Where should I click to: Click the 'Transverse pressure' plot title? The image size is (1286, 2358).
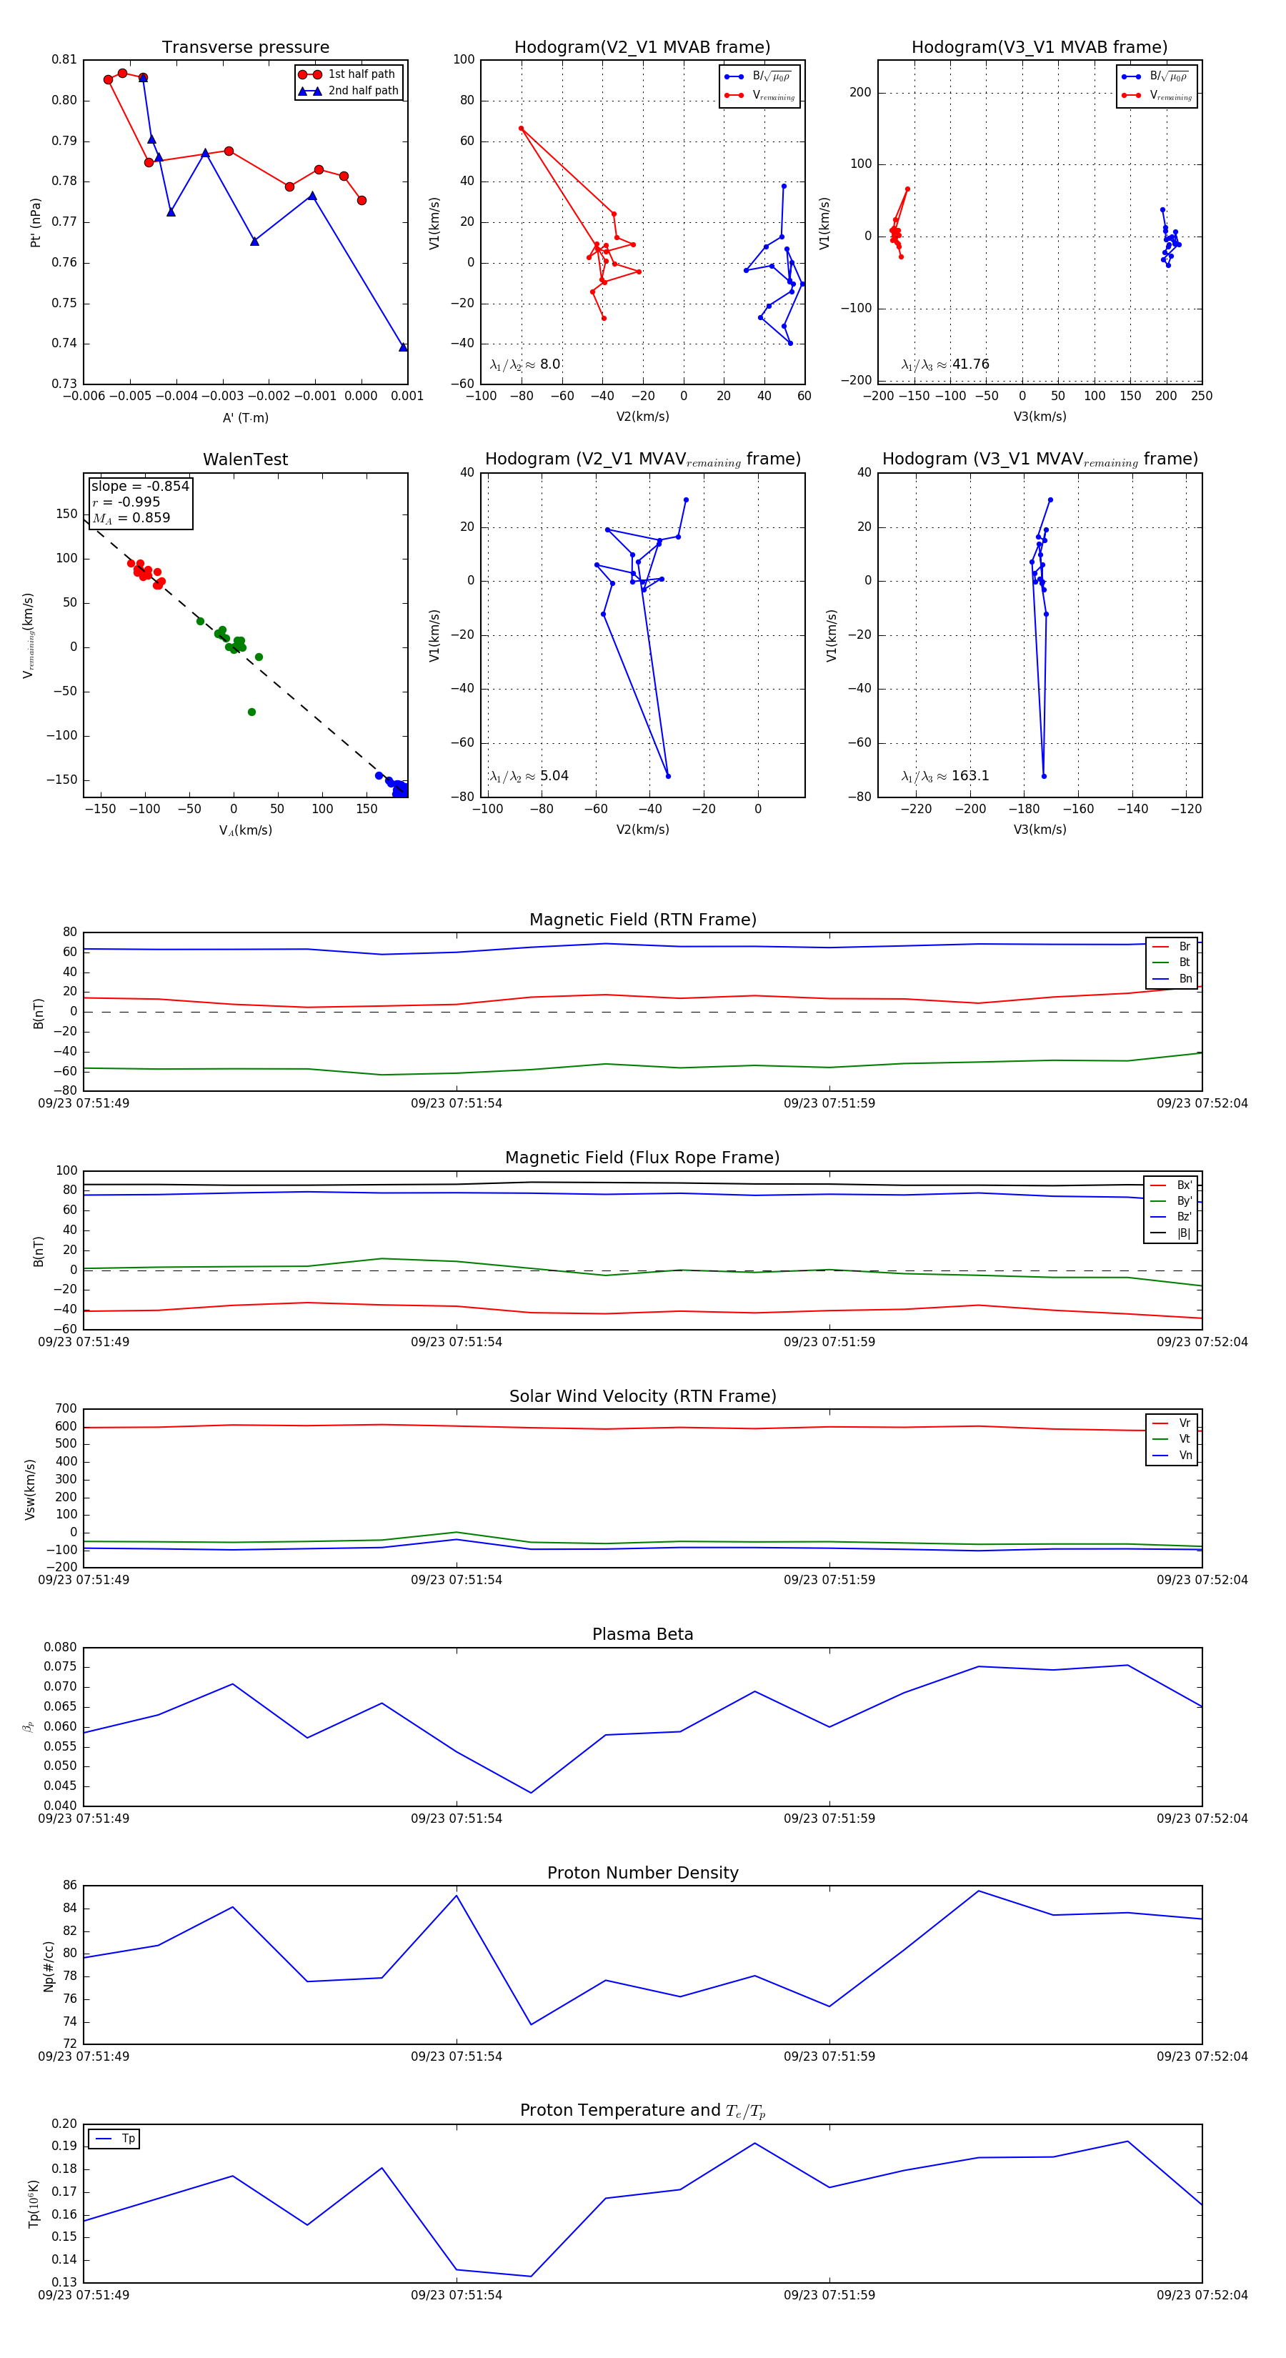click(245, 48)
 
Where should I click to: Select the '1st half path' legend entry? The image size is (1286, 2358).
click(361, 74)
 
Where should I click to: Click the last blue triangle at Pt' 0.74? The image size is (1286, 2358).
click(403, 347)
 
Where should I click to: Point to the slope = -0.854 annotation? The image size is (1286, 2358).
click(140, 486)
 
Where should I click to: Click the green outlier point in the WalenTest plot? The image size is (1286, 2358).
click(251, 712)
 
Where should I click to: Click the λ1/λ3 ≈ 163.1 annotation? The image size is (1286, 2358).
click(945, 776)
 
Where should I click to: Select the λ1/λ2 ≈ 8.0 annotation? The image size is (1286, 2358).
click(524, 364)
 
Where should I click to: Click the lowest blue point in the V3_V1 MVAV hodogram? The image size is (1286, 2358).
click(1043, 776)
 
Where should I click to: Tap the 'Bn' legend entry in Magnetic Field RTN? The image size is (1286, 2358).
click(1185, 978)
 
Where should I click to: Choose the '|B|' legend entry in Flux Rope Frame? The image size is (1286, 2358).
click(1182, 1233)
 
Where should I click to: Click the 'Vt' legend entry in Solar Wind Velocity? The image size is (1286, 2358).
click(1185, 1439)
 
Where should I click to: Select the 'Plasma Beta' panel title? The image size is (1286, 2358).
click(642, 1634)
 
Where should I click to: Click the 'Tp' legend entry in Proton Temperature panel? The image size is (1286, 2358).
click(127, 2139)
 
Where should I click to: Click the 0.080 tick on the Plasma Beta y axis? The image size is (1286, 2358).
click(61, 1647)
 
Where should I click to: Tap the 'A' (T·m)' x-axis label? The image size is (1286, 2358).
click(245, 417)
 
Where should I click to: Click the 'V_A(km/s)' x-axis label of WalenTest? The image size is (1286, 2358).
click(245, 830)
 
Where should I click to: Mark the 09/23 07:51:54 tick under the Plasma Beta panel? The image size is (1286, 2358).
click(456, 1818)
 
